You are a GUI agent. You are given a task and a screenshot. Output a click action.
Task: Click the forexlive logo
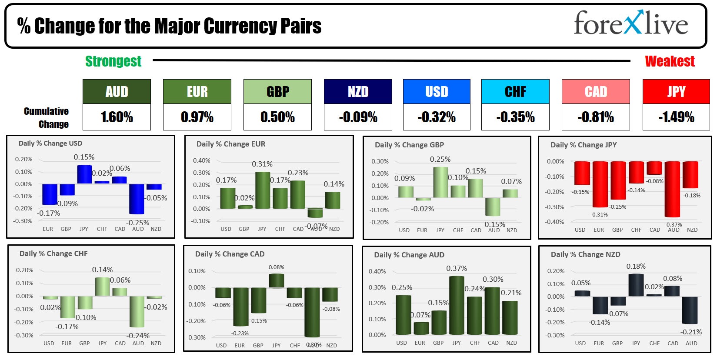click(630, 23)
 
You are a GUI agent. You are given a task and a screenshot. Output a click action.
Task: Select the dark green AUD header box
click(117, 92)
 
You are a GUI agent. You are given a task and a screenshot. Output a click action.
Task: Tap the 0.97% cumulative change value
click(197, 117)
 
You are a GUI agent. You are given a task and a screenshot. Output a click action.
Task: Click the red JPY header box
click(676, 92)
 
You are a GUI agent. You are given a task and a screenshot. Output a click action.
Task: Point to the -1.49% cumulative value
click(676, 117)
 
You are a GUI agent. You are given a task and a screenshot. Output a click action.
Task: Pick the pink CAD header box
click(596, 92)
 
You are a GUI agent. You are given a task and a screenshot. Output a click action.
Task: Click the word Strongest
click(113, 61)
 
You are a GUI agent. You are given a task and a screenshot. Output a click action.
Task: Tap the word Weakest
click(670, 61)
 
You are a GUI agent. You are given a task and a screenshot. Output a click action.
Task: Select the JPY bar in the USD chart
click(84, 174)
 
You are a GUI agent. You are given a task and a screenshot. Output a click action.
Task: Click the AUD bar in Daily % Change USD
click(137, 199)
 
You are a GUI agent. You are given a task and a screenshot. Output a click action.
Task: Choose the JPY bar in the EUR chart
click(263, 190)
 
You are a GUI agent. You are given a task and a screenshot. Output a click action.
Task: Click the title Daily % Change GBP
click(409, 145)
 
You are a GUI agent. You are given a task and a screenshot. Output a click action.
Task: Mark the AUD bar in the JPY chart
click(672, 189)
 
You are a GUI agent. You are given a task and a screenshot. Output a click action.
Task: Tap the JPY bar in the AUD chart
click(457, 305)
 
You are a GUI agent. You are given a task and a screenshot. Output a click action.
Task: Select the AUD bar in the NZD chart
click(690, 310)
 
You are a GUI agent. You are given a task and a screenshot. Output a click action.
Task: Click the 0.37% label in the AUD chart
click(457, 269)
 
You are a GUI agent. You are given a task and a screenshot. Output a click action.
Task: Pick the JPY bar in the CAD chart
click(277, 281)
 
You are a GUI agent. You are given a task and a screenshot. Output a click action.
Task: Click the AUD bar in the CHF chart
click(137, 311)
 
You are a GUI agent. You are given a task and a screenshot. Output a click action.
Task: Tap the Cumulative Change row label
click(47, 117)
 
